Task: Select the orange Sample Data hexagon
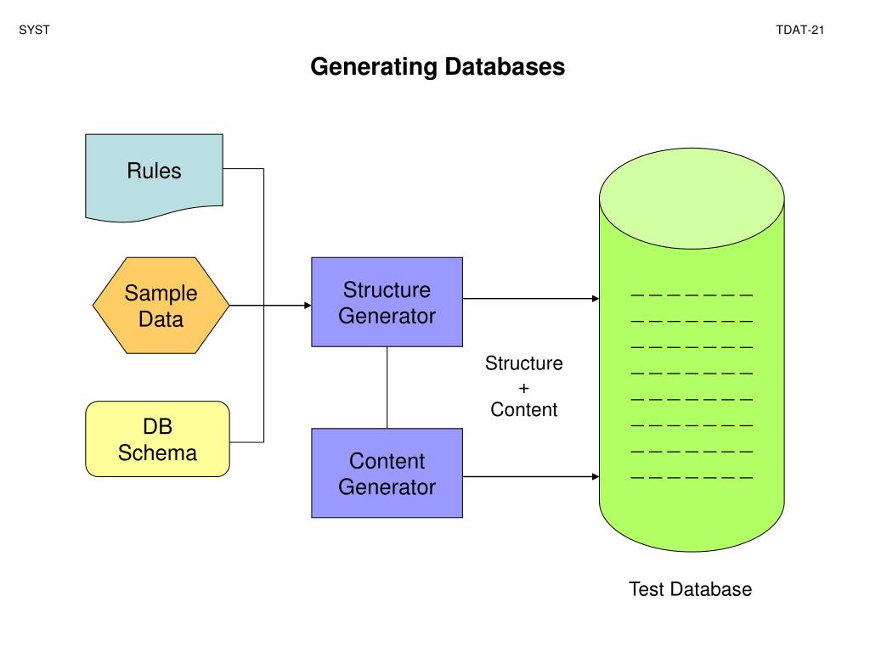coord(161,306)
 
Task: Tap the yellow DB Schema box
coord(157,439)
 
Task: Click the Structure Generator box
coord(387,302)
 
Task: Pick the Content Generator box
coord(387,473)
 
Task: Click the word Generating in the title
coord(374,67)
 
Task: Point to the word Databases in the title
coord(505,66)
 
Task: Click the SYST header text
coord(34,30)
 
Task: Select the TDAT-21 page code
coord(799,30)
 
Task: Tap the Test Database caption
coord(690,589)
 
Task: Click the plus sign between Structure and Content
coord(523,388)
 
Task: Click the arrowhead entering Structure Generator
coord(308,306)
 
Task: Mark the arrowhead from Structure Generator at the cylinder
coord(596,299)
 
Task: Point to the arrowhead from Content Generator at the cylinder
coord(596,477)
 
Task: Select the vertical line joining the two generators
coord(387,387)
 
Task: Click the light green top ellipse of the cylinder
coord(692,199)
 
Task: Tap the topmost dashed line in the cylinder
coord(692,295)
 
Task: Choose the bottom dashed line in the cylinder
coord(692,477)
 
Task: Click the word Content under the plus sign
coord(523,409)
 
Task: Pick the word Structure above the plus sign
coord(523,363)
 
